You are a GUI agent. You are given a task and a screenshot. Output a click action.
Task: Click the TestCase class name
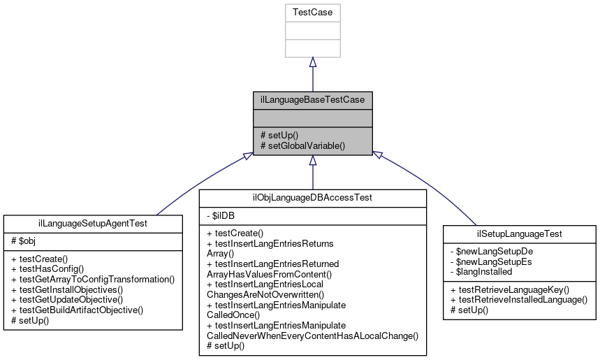pyautogui.click(x=312, y=12)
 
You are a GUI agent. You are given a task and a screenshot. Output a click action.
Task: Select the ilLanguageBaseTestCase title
pyautogui.click(x=312, y=100)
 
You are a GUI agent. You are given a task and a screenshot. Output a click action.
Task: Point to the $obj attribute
pyautogui.click(x=22, y=240)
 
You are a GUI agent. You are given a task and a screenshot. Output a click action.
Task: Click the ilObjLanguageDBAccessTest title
pyautogui.click(x=312, y=198)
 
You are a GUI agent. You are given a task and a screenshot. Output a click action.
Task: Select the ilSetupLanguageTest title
pyautogui.click(x=520, y=233)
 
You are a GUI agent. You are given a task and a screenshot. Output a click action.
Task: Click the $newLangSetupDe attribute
pyautogui.click(x=489, y=250)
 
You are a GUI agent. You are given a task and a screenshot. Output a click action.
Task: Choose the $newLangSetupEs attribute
pyautogui.click(x=489, y=260)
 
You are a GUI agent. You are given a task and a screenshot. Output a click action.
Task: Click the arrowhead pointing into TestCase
pyautogui.click(x=312, y=62)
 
